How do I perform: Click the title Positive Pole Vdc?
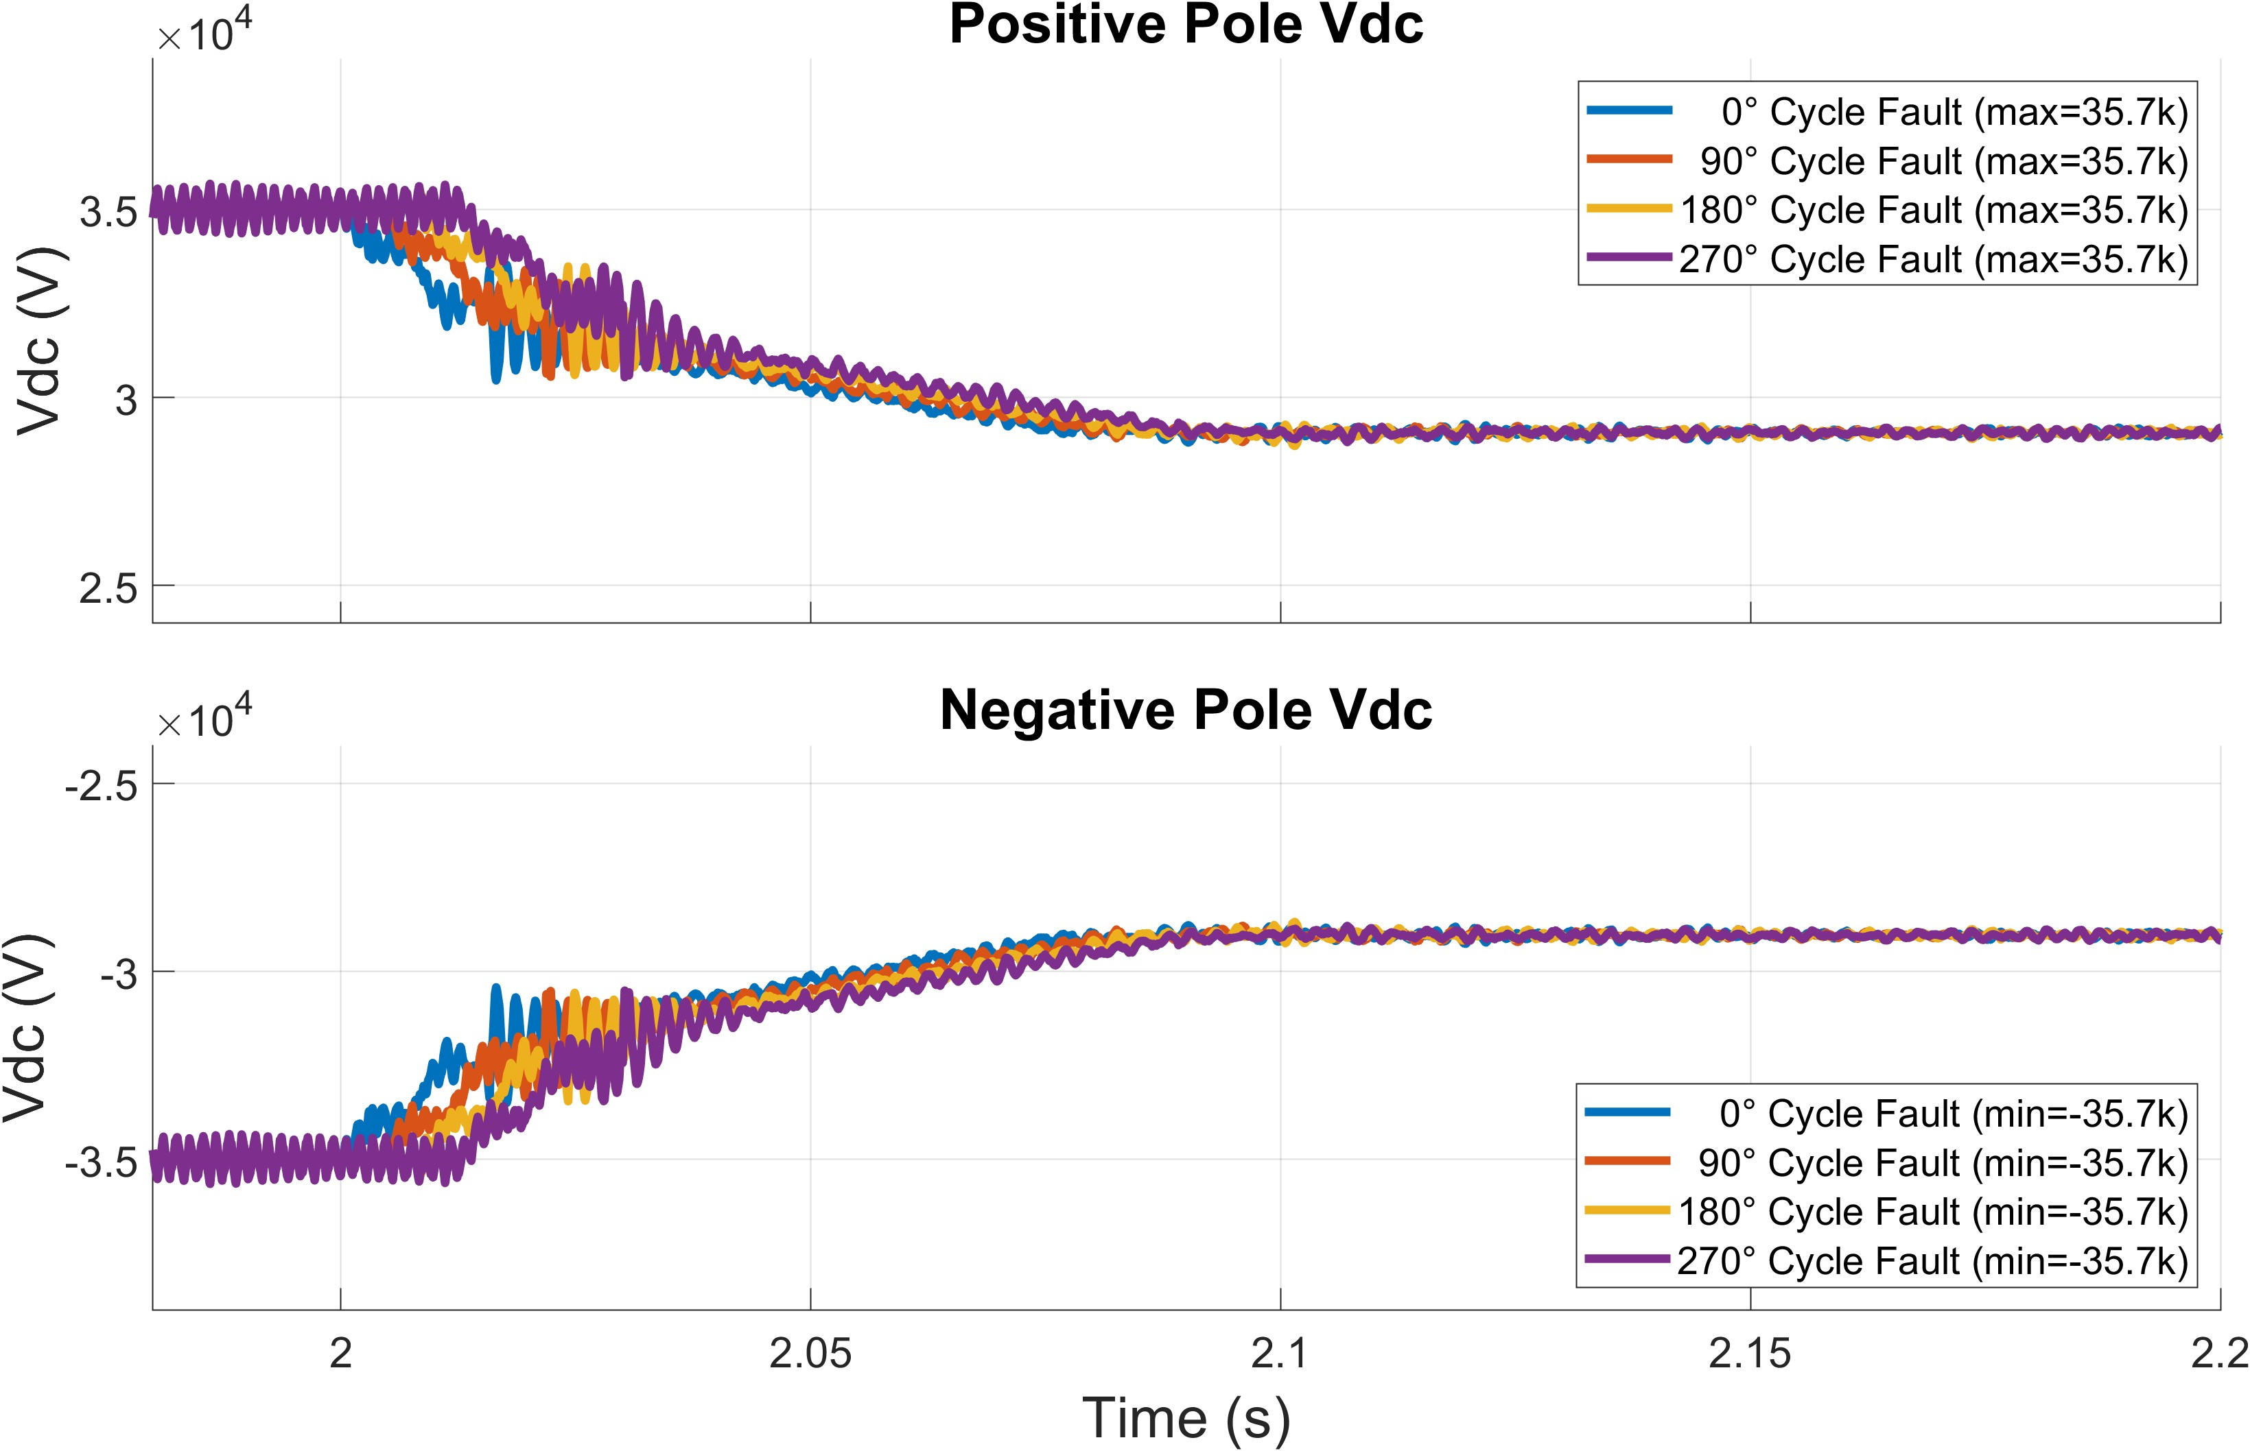pos(1185,25)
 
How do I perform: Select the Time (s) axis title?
pos(1185,1418)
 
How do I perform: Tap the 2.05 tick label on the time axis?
pos(810,1354)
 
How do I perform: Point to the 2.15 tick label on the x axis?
pos(1750,1354)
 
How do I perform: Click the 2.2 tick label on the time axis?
pos(2219,1354)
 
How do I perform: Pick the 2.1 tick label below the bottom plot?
pos(1279,1354)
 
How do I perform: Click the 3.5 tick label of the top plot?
pos(108,212)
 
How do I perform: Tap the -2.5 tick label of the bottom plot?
pos(101,785)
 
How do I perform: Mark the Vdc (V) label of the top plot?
pos(40,341)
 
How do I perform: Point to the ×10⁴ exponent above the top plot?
pos(204,35)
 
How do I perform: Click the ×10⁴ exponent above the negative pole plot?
pos(204,721)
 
